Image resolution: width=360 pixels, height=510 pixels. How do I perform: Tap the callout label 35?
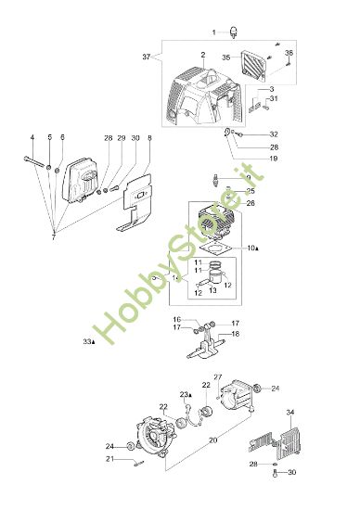pyautogui.click(x=225, y=57)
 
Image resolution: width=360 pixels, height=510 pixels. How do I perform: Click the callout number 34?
pyautogui.click(x=316, y=412)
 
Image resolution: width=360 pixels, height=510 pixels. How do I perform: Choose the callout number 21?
pyautogui.click(x=135, y=459)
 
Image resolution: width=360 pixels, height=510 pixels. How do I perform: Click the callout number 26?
pyautogui.click(x=250, y=203)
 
